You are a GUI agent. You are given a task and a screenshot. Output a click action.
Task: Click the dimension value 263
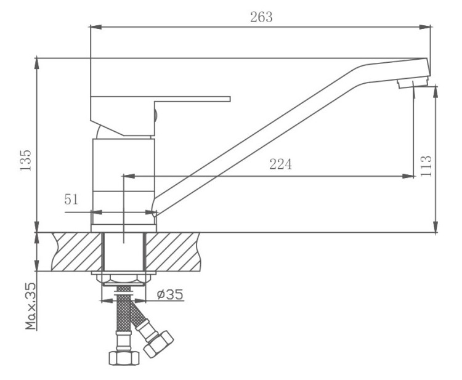pyautogui.click(x=261, y=17)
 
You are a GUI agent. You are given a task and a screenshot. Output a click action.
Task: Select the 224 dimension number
pyautogui.click(x=280, y=164)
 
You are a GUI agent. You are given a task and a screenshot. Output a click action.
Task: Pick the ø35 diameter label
pyautogui.click(x=169, y=294)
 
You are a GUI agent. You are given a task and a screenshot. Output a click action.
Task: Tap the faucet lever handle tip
pyautogui.click(x=227, y=99)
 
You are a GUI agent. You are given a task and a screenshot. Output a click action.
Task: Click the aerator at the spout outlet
pyautogui.click(x=412, y=81)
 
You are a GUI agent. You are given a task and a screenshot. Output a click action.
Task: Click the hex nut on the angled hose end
pyautogui.click(x=160, y=343)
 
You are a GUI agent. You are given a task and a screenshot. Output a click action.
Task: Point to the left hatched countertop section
pyautogui.click(x=77, y=251)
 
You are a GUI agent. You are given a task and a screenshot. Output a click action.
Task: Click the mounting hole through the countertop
pyautogui.click(x=124, y=251)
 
